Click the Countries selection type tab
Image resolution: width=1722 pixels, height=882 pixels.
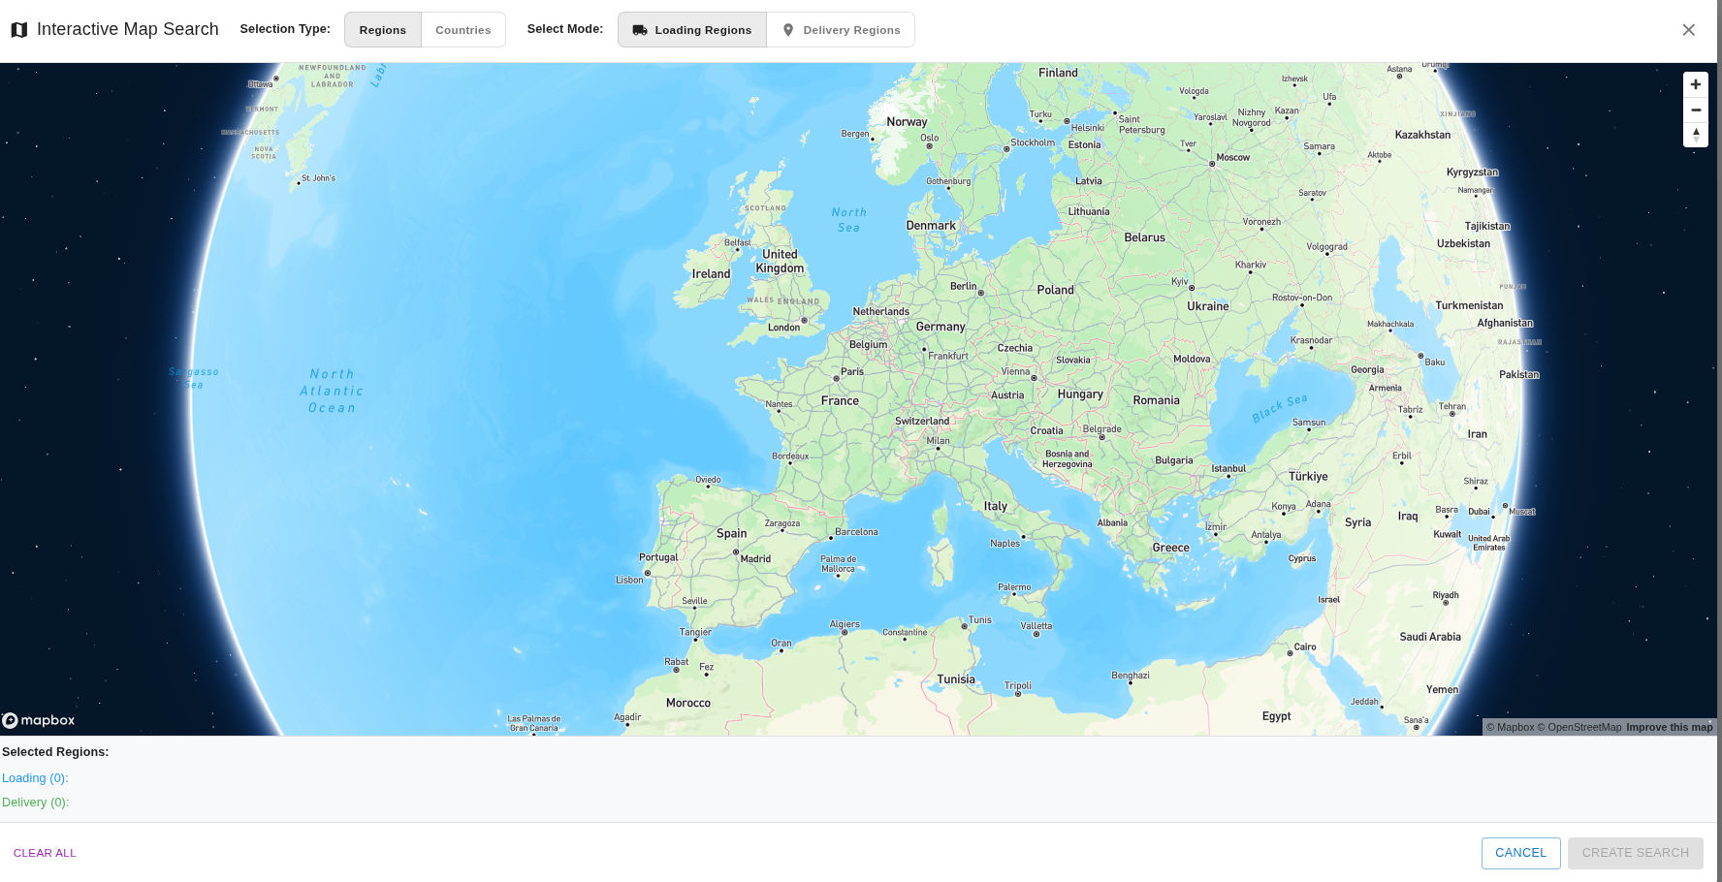[x=462, y=30]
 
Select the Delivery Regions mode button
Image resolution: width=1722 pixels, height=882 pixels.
[x=841, y=30]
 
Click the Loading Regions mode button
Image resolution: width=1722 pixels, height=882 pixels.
[x=692, y=30]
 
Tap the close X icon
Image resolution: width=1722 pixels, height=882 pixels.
[x=1688, y=30]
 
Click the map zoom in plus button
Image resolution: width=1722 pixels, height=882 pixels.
[x=1695, y=84]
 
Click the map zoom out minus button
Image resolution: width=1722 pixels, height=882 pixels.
[x=1695, y=110]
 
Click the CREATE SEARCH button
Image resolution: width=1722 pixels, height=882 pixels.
[x=1635, y=853]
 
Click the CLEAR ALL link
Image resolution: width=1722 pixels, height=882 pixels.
[x=45, y=853]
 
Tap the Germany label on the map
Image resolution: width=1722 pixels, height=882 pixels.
[x=941, y=327]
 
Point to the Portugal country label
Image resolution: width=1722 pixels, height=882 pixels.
[x=658, y=557]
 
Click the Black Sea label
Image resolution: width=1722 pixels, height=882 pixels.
[x=1279, y=408]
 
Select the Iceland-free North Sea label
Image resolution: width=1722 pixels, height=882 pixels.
[x=848, y=220]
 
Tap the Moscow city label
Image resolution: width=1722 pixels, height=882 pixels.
[x=1232, y=157]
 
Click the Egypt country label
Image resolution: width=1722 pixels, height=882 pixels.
[x=1276, y=716]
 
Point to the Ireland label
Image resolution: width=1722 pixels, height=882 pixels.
[x=711, y=274]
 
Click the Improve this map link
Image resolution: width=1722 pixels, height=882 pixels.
[x=1669, y=727]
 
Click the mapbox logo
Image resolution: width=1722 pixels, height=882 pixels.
[x=39, y=720]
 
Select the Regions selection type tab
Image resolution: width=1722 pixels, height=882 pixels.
[x=383, y=30]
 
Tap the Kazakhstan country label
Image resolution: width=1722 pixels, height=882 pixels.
[x=1422, y=135]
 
